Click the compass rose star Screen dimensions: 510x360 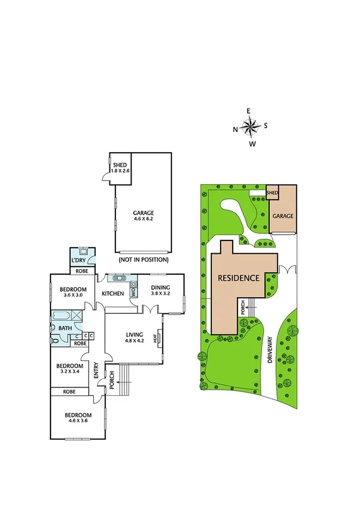point(249,126)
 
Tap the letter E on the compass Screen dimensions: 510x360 point(249,111)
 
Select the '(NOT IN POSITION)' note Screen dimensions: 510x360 point(144,260)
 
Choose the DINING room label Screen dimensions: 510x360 point(160,287)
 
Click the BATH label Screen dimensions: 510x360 point(64,328)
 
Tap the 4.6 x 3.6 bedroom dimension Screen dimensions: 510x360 point(79,422)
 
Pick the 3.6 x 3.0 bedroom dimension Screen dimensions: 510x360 point(73,295)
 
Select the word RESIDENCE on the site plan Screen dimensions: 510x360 point(238,278)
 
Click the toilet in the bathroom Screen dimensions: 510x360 point(55,339)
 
